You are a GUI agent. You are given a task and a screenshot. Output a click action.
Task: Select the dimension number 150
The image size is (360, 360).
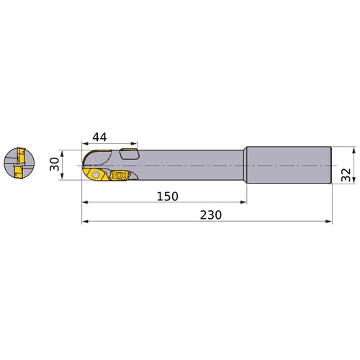tap(166, 196)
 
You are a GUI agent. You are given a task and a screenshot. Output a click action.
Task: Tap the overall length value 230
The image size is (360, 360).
tap(210, 215)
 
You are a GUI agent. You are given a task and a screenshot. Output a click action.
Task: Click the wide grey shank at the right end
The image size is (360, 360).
tap(288, 166)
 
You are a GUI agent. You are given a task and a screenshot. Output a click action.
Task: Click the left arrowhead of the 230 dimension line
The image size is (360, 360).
tap(84, 222)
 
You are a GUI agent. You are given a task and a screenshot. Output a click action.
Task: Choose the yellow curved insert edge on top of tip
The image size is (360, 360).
tap(88, 158)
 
